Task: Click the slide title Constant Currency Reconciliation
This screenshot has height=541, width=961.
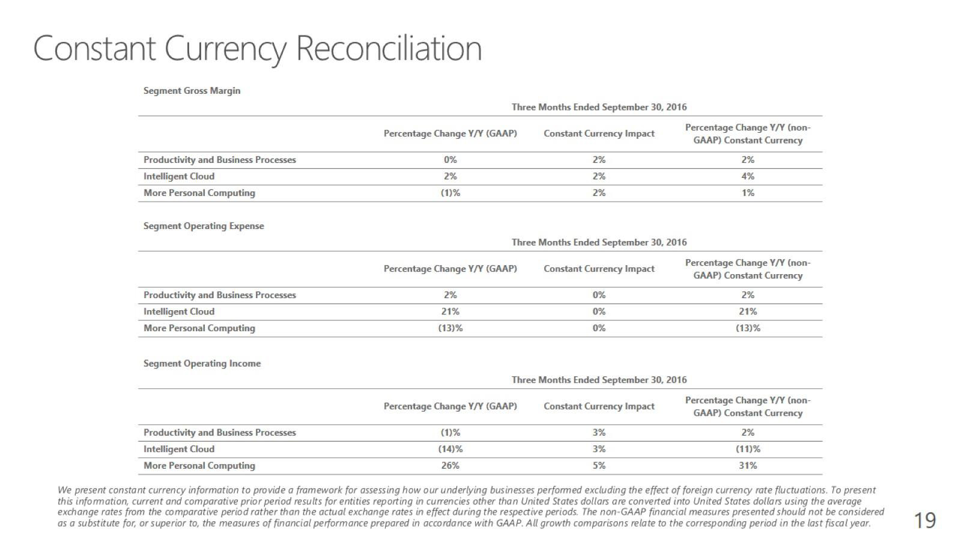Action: click(x=257, y=48)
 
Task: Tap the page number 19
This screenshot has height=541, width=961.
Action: click(x=924, y=520)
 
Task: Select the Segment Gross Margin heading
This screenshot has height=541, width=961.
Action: click(x=192, y=91)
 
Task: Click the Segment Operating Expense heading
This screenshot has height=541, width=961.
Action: click(x=204, y=226)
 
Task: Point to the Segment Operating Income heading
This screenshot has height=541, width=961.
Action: click(x=202, y=364)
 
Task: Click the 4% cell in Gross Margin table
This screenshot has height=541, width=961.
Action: click(x=747, y=177)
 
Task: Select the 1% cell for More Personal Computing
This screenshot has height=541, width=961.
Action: click(x=747, y=193)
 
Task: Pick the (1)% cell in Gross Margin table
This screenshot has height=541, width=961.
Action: click(x=450, y=193)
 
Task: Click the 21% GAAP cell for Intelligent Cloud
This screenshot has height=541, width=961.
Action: click(x=450, y=312)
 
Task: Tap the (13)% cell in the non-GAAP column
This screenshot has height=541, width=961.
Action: click(x=748, y=328)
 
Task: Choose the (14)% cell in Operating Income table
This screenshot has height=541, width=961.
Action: click(x=450, y=449)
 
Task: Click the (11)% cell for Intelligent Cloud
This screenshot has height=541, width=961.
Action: click(x=748, y=449)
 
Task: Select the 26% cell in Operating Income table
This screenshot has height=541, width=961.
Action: click(x=450, y=466)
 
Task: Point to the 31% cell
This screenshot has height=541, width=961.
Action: click(x=748, y=466)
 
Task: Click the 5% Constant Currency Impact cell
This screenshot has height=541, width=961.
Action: click(x=599, y=466)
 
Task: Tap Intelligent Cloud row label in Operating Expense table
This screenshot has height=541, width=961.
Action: click(x=179, y=312)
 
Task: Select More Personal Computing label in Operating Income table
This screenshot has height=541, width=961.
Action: click(x=199, y=466)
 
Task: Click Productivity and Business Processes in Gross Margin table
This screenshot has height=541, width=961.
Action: click(x=220, y=160)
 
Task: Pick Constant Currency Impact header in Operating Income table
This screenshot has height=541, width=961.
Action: click(x=599, y=406)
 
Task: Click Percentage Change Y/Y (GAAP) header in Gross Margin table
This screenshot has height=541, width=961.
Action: click(x=450, y=133)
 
